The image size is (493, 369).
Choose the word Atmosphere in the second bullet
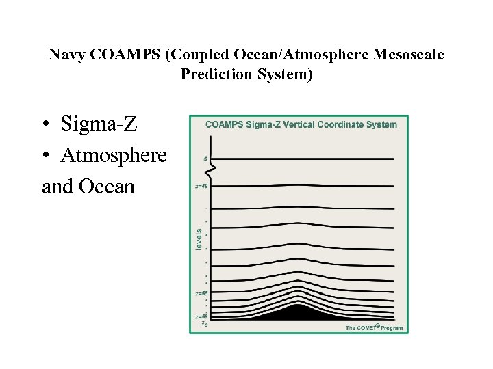(x=114, y=155)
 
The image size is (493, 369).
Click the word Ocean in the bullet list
(x=109, y=186)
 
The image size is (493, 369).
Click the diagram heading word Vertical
(x=307, y=124)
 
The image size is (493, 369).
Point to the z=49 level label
(x=202, y=186)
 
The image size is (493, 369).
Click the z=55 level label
(x=201, y=293)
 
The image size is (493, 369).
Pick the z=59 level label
(x=201, y=316)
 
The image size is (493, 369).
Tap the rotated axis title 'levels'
(x=199, y=238)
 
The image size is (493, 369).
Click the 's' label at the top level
(x=205, y=159)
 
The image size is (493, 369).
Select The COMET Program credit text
(x=374, y=328)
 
